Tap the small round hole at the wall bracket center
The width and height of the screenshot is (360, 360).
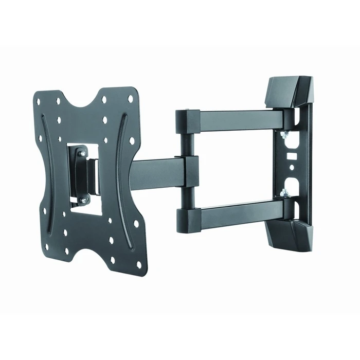(291, 167)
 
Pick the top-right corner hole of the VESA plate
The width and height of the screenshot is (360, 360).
(130, 98)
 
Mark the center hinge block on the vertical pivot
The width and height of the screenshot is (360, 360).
(190, 171)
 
